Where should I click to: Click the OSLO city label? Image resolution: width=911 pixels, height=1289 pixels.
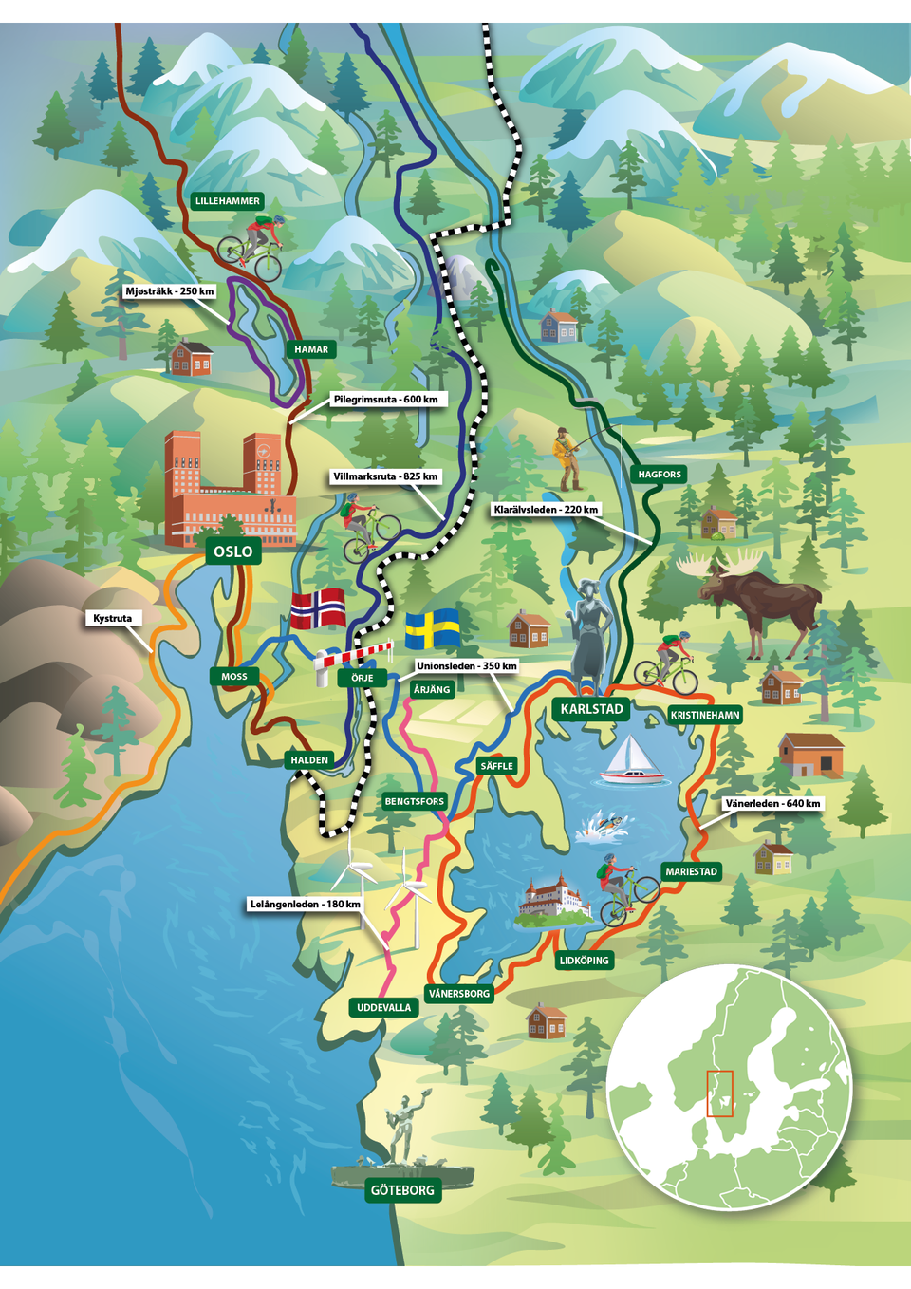[232, 551]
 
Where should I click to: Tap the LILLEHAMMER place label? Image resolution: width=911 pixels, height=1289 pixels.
[228, 201]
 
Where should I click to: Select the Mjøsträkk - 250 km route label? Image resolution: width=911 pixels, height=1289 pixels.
[170, 291]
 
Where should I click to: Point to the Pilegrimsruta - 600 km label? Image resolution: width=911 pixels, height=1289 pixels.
[385, 400]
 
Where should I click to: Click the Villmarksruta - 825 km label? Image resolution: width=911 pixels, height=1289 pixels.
[385, 476]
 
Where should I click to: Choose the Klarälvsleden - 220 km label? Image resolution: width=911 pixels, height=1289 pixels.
[546, 510]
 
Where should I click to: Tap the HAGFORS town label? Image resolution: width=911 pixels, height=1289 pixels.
[660, 475]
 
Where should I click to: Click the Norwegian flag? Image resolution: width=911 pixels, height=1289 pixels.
[318, 608]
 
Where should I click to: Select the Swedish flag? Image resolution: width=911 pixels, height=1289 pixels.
[433, 628]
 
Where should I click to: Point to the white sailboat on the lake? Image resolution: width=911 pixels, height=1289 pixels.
[629, 762]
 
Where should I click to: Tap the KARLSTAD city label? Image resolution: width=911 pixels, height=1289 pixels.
[591, 709]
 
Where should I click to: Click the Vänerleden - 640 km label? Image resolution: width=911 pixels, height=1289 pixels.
[772, 803]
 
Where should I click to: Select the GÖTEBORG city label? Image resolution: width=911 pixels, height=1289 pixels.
[402, 1190]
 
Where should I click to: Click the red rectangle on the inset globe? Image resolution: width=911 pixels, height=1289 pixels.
[720, 1093]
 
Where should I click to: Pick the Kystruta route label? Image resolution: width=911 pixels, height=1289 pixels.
[113, 618]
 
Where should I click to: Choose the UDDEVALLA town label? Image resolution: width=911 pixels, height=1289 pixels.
[383, 1008]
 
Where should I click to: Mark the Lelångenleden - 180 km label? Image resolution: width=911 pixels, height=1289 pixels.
[305, 904]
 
